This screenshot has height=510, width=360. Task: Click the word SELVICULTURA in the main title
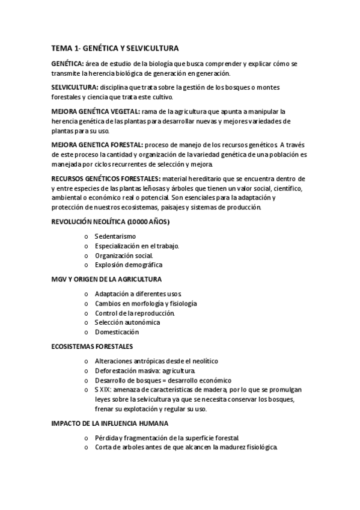156,48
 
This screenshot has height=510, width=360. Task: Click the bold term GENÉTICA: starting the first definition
67,64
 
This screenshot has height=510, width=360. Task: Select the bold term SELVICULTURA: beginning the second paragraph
76,87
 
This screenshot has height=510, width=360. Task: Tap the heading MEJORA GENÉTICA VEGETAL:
96,111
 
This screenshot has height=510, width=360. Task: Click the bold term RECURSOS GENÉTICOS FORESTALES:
106,179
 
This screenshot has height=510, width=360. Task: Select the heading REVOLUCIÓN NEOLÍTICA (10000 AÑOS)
111,222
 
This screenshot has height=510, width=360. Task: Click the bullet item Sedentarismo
115,236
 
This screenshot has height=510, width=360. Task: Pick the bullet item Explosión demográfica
128,265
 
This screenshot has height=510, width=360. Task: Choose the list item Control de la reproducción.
135,313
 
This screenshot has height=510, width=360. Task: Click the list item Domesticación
117,332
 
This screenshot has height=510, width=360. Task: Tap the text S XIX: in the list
104,390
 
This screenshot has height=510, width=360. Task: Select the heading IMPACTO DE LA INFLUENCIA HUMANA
112,423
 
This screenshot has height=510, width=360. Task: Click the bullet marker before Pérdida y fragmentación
87,438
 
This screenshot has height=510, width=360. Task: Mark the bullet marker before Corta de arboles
87,448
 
